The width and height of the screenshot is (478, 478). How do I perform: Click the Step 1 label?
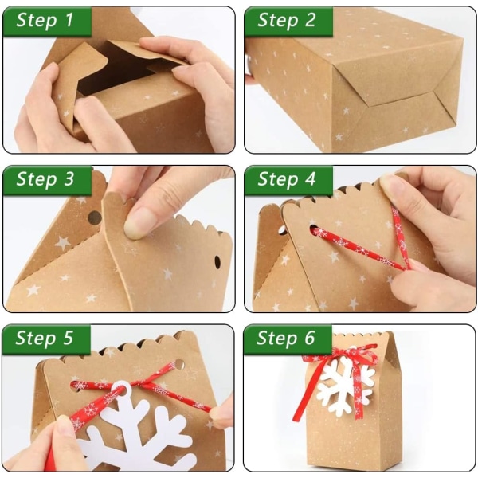click(45, 20)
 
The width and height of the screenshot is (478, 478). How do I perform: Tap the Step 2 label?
click(286, 20)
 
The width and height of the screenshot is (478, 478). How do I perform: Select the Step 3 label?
click(45, 178)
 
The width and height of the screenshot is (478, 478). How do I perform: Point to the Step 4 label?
click(287, 178)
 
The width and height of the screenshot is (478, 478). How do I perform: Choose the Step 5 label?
click(45, 338)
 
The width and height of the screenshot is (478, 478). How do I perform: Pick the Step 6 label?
click(286, 338)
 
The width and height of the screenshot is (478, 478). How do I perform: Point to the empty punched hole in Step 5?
click(179, 364)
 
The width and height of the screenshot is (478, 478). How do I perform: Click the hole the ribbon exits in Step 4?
click(314, 230)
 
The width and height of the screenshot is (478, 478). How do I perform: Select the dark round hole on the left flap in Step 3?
click(95, 217)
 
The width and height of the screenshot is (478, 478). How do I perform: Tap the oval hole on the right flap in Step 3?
click(217, 262)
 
